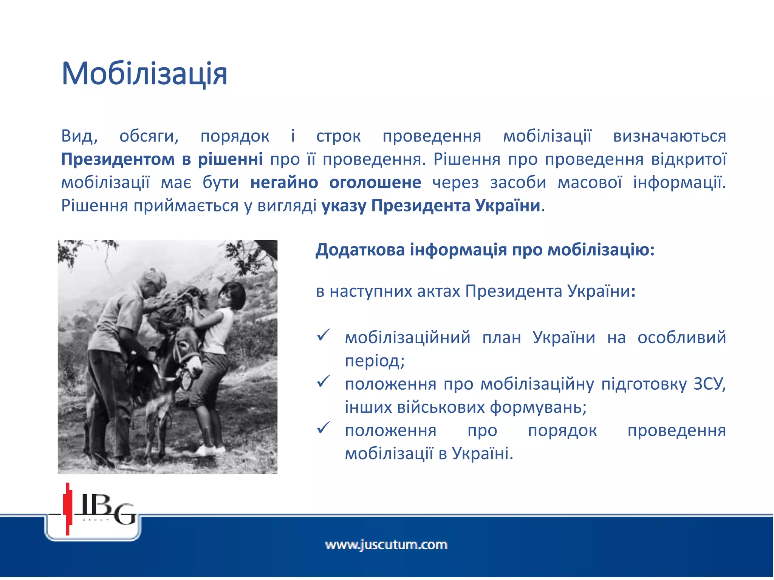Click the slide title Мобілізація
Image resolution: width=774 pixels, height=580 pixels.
coord(144,73)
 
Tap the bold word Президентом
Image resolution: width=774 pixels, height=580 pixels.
coord(117,160)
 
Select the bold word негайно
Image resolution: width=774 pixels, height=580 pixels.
coord(284,183)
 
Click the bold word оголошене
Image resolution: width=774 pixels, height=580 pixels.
coord(375,183)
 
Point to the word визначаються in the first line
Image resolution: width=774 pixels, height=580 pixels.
coord(669,136)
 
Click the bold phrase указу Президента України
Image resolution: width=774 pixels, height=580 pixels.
coord(431,206)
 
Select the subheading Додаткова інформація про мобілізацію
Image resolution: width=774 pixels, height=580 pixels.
coord(485,250)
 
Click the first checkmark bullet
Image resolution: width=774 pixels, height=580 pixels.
coord(324,335)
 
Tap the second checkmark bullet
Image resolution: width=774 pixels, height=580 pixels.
coord(324,381)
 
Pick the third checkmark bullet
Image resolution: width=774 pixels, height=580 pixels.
coord(324,428)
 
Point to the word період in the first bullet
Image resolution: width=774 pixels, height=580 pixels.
coord(374,361)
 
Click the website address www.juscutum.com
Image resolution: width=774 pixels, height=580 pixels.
coord(386,545)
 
